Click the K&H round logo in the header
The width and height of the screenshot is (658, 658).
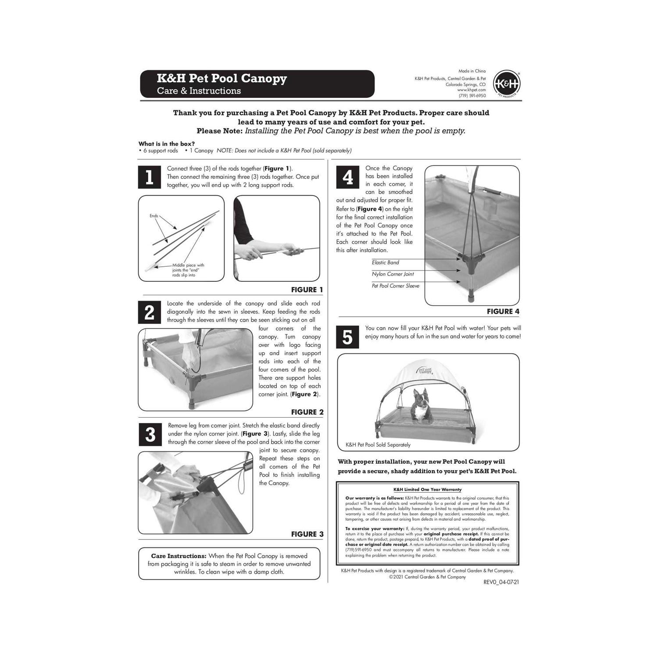point(506,83)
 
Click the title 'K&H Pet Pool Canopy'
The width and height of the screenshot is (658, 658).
point(222,79)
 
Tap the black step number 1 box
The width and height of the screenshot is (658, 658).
point(149,177)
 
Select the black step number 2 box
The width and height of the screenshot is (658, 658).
point(149,312)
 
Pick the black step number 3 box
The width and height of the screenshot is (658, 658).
point(150,434)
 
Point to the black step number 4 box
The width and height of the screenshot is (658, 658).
point(347,177)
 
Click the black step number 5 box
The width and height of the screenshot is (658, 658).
point(347,337)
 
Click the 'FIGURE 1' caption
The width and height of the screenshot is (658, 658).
point(307,290)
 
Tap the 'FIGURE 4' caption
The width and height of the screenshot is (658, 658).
point(503,311)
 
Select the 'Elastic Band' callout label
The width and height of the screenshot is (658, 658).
point(385,262)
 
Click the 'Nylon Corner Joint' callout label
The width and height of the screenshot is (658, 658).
point(393,274)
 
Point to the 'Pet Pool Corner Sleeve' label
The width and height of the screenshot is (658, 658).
point(395,286)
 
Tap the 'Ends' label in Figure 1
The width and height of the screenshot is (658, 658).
point(154,216)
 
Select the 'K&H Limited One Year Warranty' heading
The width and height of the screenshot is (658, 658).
point(427,490)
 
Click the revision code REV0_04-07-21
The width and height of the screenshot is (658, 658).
point(501,583)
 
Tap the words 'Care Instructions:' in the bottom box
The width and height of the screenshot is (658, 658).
point(179,556)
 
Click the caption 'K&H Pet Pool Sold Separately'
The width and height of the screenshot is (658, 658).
point(378,445)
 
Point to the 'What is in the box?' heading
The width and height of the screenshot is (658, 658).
point(167,144)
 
